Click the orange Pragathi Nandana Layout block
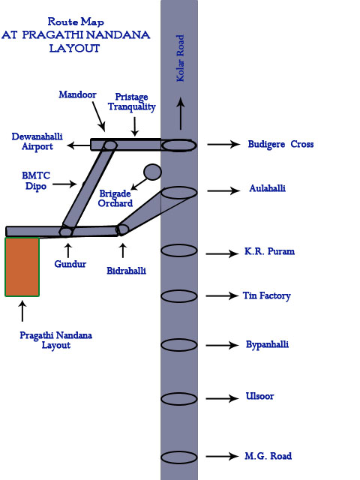[22, 267]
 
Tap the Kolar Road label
[180, 58]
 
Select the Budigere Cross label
[280, 144]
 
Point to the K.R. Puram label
[269, 251]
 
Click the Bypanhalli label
[267, 344]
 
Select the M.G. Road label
[268, 456]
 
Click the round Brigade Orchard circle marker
[152, 172]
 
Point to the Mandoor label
[77, 94]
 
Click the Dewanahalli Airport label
[37, 141]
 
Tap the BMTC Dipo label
[36, 181]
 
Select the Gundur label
[70, 264]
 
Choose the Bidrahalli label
[126, 271]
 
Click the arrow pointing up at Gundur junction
[68, 250]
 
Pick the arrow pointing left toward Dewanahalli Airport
[79, 145]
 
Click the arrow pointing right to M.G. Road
[222, 456]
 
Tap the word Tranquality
[132, 106]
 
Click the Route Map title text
[76, 22]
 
